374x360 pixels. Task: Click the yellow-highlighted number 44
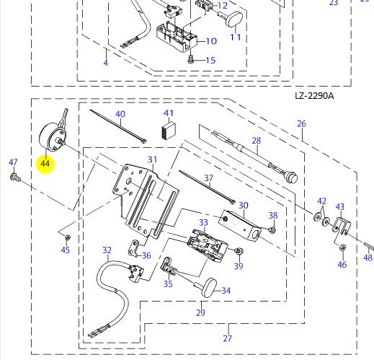tap(45, 164)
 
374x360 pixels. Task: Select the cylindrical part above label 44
tap(51, 136)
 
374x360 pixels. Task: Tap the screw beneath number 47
tap(15, 177)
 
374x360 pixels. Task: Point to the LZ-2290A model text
tap(314, 96)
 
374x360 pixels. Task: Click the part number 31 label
tap(152, 159)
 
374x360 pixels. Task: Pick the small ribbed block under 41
tap(168, 131)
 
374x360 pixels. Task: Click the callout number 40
tap(120, 114)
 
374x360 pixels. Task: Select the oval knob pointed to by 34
tap(208, 287)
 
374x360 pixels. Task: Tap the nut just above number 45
tap(68, 237)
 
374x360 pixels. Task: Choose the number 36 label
tap(146, 255)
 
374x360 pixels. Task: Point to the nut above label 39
tap(239, 251)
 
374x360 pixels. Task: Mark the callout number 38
tap(273, 216)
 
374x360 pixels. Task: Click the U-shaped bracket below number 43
tap(342, 226)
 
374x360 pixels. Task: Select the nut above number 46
tap(342, 247)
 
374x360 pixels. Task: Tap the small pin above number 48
tap(369, 245)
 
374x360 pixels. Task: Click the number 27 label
tap(228, 338)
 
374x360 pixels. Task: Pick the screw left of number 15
tap(190, 59)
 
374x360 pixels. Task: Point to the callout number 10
tap(211, 41)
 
